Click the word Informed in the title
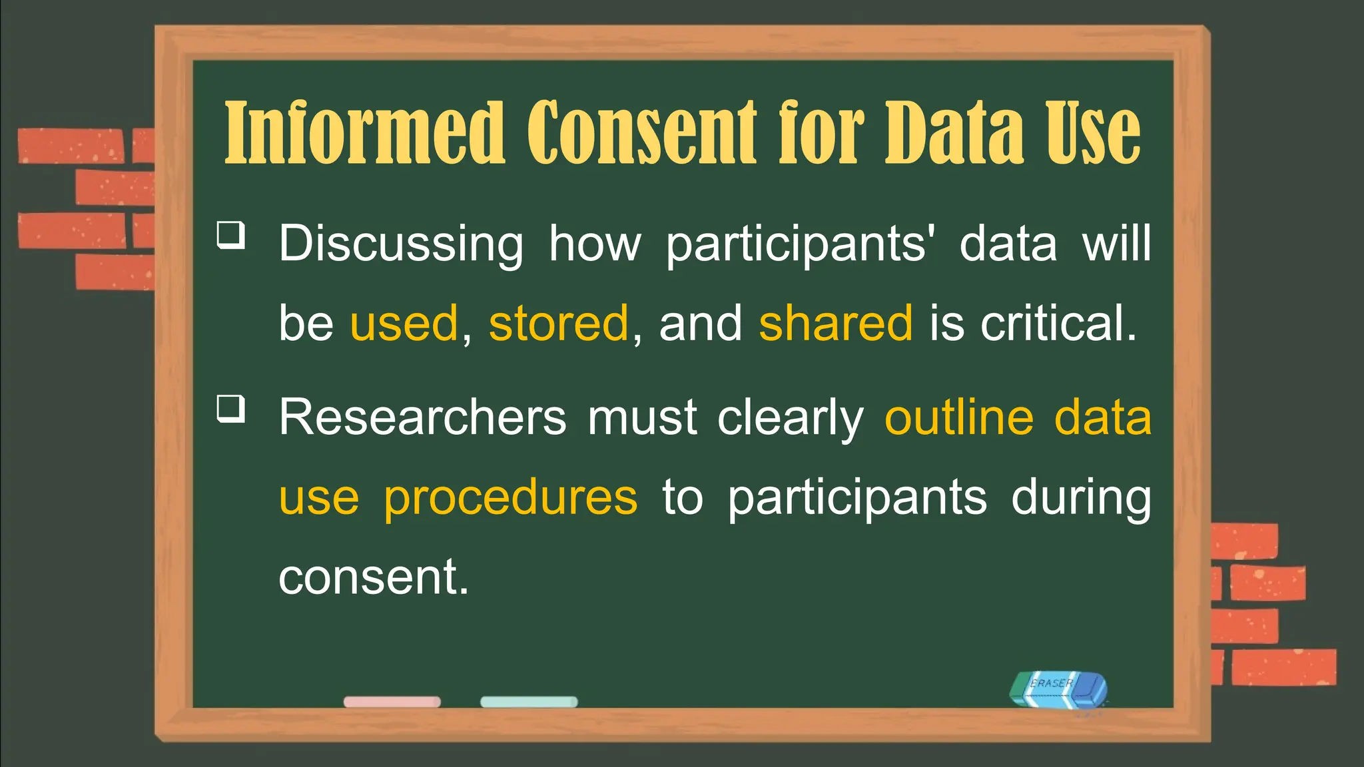[x=364, y=133]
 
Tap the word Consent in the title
[x=642, y=133]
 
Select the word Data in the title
[x=954, y=133]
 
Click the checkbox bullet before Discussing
[x=231, y=235]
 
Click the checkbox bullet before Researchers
[x=231, y=408]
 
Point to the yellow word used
[x=404, y=324]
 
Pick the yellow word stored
[x=559, y=324]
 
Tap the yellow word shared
[x=835, y=324]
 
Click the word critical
[x=1058, y=324]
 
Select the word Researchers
[x=422, y=418]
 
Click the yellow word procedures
[x=511, y=498]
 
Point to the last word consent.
[x=373, y=577]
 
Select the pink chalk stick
[x=392, y=702]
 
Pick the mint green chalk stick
[x=529, y=702]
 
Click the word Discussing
[x=401, y=245]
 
